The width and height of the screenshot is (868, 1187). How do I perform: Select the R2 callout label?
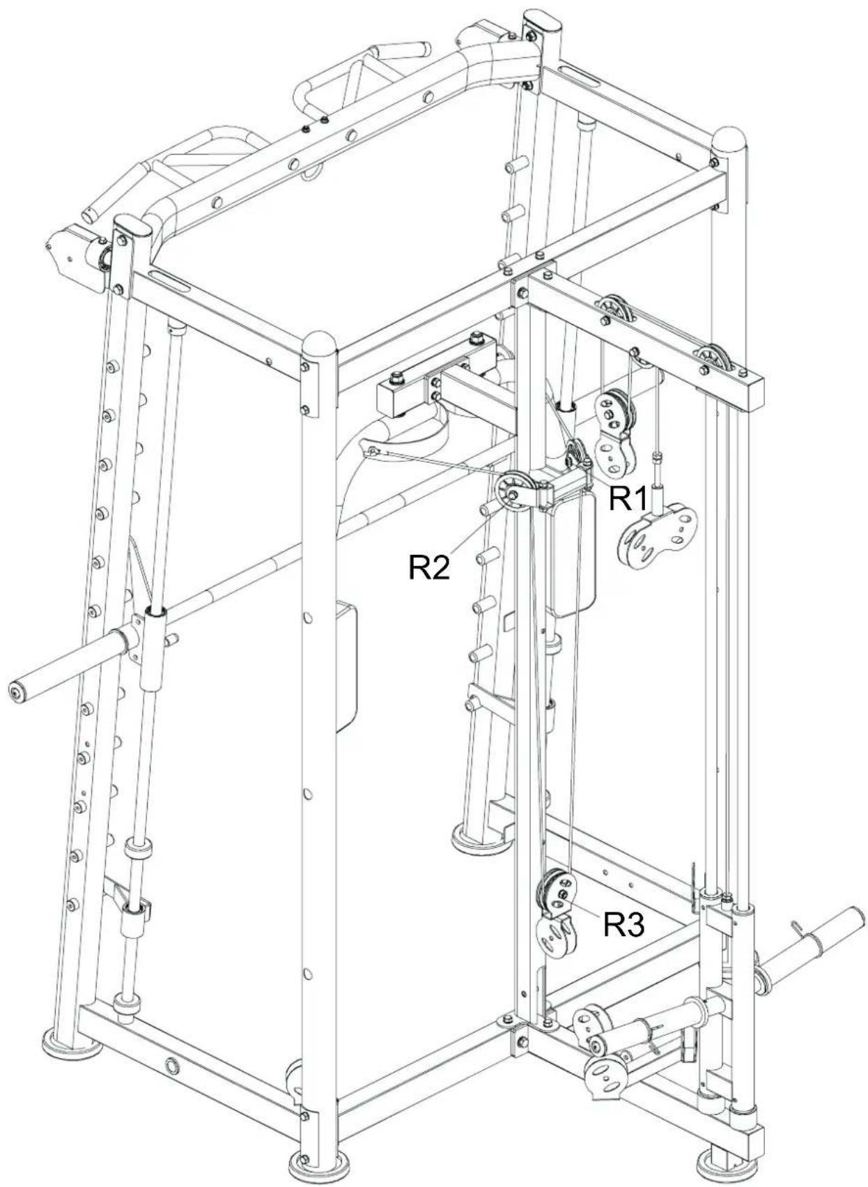[428, 567]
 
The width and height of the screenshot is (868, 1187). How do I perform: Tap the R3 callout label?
[623, 924]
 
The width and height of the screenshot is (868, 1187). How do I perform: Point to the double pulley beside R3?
[557, 891]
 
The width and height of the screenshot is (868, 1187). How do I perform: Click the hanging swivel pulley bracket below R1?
[656, 535]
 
